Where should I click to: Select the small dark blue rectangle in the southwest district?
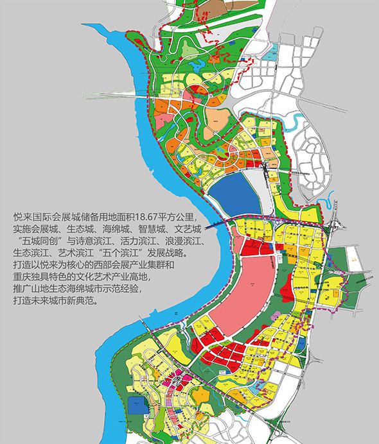pos(136,405)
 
